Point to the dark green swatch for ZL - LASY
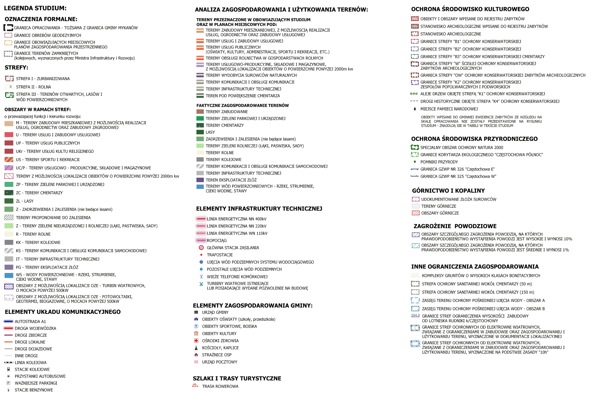coord(9,201)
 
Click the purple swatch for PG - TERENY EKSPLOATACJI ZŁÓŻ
coord(9,267)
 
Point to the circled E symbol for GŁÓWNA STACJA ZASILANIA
coord(201,247)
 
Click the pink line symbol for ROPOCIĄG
coord(201,240)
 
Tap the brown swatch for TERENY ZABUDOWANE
coord(200,112)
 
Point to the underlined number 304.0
coord(415,315)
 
